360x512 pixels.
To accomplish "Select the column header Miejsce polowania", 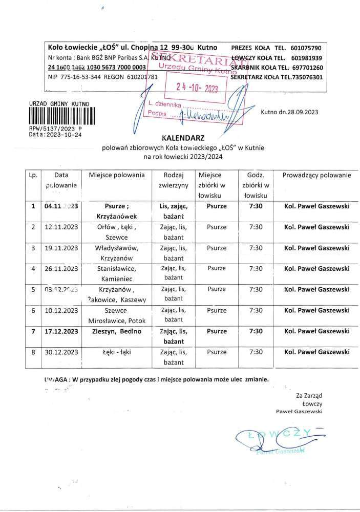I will click(x=116, y=175).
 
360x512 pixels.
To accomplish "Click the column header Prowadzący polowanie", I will click(x=316, y=175).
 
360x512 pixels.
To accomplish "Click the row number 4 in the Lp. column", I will click(x=33, y=268).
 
